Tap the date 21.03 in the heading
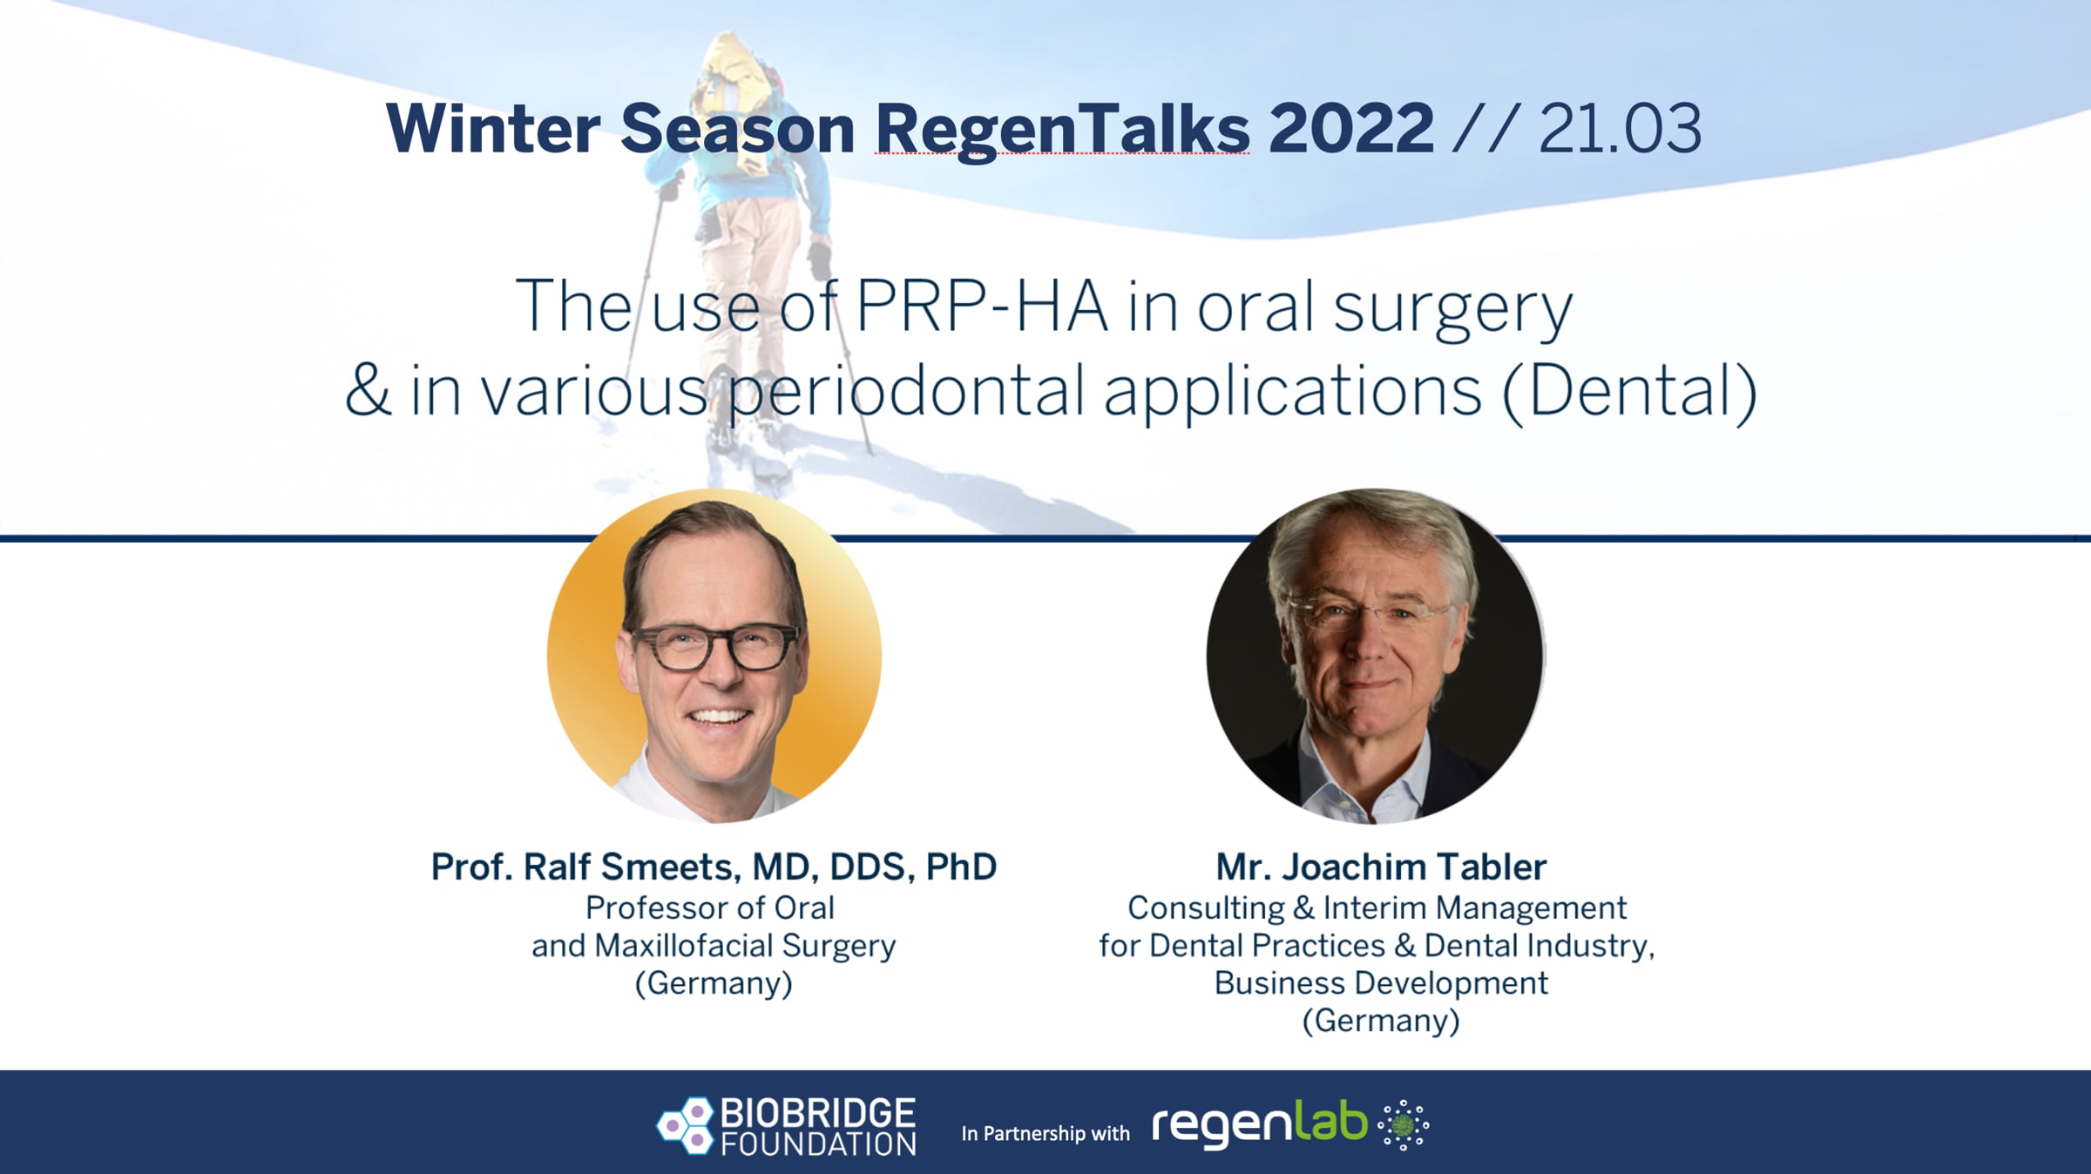tap(1620, 129)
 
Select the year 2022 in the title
tap(1351, 129)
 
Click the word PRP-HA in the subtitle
tap(982, 307)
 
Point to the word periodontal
tap(907, 392)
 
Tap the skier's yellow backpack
tap(736, 87)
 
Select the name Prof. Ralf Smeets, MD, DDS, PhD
tap(714, 867)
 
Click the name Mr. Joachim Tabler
tap(1381, 867)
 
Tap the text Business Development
tap(1381, 983)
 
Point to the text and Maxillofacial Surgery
tap(714, 946)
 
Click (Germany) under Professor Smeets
tap(714, 983)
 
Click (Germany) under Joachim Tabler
tap(1381, 1021)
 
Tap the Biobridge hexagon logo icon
tap(686, 1126)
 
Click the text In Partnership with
tap(1045, 1133)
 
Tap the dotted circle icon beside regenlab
tap(1403, 1125)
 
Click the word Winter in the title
tap(493, 129)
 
